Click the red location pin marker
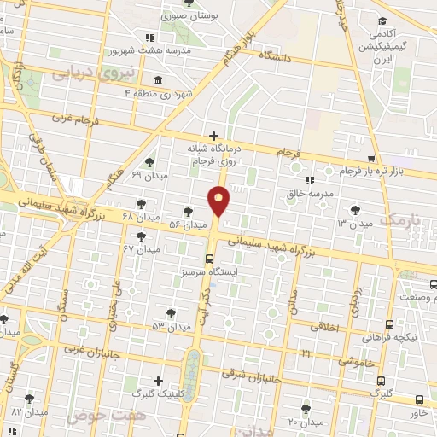[219, 201]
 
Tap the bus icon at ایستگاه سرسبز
[210, 259]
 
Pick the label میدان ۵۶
[188, 224]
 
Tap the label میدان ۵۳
[171, 326]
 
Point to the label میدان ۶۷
[141, 248]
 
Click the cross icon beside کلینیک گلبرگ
[158, 381]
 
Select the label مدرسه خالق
[307, 193]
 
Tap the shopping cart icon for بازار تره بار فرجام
[371, 158]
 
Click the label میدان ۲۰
[305, 422]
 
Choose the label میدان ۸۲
[29, 412]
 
